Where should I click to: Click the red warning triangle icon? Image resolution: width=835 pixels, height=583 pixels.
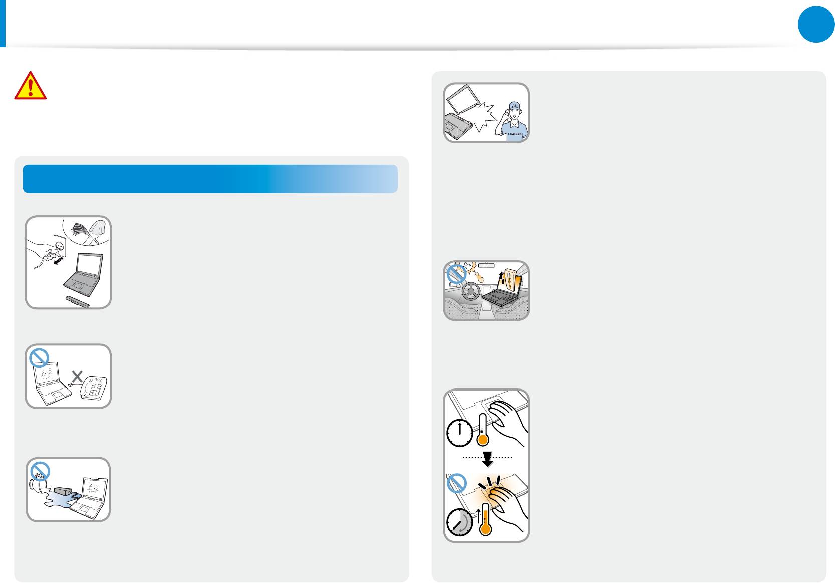click(31, 86)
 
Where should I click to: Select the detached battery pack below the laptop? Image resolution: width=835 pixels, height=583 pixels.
click(78, 301)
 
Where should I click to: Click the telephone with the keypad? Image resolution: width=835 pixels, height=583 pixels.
click(94, 387)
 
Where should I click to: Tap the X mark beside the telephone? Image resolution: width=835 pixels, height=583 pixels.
click(77, 376)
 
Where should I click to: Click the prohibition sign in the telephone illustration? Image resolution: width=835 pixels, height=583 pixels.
click(39, 358)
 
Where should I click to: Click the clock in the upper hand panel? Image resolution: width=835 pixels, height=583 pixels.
click(459, 433)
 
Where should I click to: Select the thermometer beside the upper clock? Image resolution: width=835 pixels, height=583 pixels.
click(482, 430)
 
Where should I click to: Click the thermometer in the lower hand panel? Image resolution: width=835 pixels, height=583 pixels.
click(484, 521)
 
